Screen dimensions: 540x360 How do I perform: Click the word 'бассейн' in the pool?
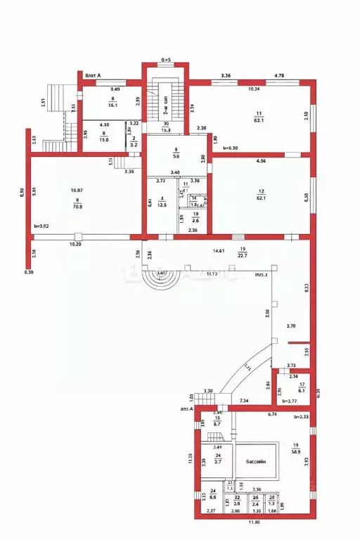point(255,462)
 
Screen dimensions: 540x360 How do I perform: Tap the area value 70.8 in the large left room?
point(77,207)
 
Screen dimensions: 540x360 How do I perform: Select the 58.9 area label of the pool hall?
point(295,453)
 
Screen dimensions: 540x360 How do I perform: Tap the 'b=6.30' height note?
point(231,148)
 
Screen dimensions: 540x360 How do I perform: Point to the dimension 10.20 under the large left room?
point(77,244)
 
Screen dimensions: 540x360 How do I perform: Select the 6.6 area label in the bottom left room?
point(213,496)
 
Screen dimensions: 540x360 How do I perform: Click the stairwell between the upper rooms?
point(165,109)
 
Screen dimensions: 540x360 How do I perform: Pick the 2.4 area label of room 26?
point(255,503)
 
